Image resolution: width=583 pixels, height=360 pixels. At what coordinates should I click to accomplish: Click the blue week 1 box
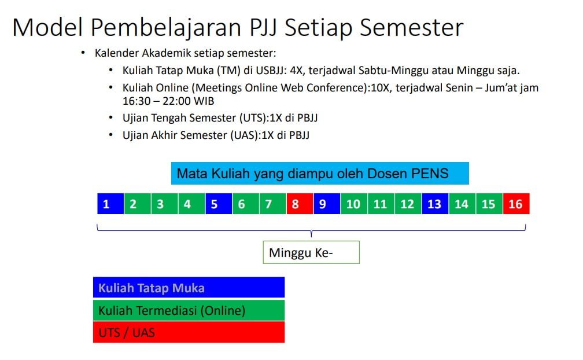pyautogui.click(x=110, y=204)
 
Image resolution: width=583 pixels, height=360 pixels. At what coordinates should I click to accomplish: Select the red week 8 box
pyautogui.click(x=300, y=204)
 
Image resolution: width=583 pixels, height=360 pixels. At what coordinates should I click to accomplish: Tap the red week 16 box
pyautogui.click(x=516, y=204)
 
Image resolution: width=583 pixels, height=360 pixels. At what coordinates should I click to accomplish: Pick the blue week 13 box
pyautogui.click(x=436, y=204)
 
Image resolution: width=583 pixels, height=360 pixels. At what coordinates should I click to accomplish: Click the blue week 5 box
pyautogui.click(x=219, y=204)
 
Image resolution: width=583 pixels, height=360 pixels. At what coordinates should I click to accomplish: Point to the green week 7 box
pyautogui.click(x=273, y=204)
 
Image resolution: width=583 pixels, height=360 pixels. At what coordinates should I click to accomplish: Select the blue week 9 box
pyautogui.click(x=327, y=204)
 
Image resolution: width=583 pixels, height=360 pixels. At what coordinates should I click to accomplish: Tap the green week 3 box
pyautogui.click(x=165, y=204)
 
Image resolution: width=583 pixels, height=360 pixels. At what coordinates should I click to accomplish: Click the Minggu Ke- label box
pyautogui.click(x=311, y=252)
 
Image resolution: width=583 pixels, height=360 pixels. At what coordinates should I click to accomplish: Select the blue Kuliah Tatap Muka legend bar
pyautogui.click(x=189, y=288)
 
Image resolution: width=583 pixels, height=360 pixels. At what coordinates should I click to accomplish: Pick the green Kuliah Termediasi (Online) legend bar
pyautogui.click(x=189, y=310)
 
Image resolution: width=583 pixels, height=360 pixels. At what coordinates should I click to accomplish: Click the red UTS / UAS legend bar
pyautogui.click(x=189, y=332)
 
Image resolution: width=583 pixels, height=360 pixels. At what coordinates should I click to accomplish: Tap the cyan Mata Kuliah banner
pyautogui.click(x=320, y=173)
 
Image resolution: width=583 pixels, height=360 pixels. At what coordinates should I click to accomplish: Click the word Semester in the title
pyautogui.click(x=412, y=28)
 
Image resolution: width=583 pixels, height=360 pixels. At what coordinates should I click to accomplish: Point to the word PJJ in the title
pyautogui.click(x=263, y=28)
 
